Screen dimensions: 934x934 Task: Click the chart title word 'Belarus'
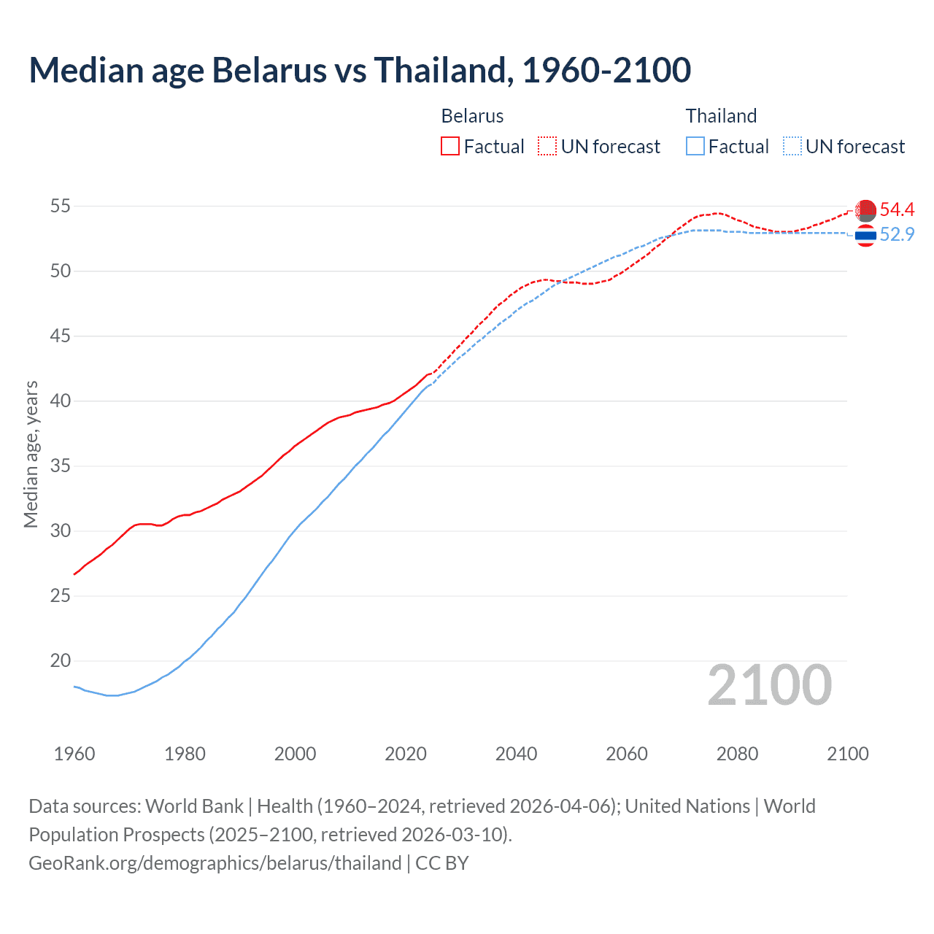[269, 71]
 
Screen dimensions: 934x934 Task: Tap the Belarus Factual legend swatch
[450, 146]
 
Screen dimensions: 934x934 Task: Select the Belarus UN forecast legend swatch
[547, 146]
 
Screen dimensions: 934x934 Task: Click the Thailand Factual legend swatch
[695, 146]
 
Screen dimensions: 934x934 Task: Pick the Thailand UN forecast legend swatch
[792, 146]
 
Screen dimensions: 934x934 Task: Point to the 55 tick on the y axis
[60, 207]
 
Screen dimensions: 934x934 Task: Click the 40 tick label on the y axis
[60, 401]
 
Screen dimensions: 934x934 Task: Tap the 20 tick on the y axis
[60, 661]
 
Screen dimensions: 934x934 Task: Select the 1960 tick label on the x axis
[74, 754]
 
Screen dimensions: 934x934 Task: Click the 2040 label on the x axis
[516, 754]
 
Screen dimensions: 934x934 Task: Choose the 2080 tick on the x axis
[737, 754]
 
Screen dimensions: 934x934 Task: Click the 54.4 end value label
[897, 210]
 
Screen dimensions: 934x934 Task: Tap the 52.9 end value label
[897, 235]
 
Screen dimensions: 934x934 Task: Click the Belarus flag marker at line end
[865, 210]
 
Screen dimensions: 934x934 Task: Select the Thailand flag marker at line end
[865, 236]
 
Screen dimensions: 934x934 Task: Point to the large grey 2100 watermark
[769, 685]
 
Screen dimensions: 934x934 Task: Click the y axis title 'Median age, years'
[31, 454]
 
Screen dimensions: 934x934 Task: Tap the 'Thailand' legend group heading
[721, 116]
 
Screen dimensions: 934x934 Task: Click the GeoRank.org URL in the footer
[215, 863]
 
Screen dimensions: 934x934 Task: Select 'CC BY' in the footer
[442, 863]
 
